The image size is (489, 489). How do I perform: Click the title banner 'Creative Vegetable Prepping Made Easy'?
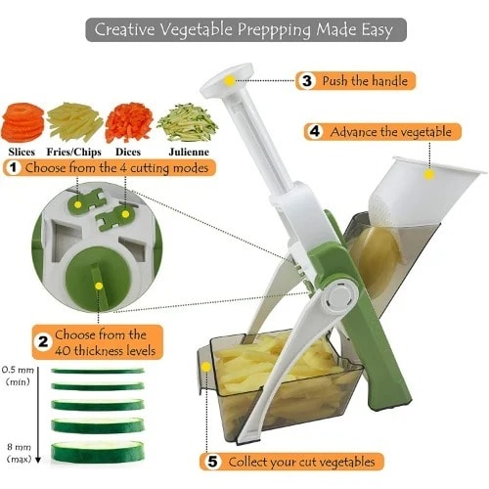245,29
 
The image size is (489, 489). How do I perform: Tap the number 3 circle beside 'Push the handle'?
307,80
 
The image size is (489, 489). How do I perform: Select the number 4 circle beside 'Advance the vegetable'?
315,132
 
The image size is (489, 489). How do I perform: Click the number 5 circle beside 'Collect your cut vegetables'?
212,462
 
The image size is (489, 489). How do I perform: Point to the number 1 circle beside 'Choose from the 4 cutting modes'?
13,168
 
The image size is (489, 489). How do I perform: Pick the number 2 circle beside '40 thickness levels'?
43,342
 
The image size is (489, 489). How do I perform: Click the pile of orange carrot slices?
22,122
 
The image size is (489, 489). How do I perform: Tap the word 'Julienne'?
189,152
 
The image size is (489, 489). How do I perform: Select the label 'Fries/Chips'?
74,152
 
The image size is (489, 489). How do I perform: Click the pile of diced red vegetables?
129,122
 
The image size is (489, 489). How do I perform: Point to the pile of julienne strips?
188,122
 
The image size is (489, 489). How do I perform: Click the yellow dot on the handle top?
230,80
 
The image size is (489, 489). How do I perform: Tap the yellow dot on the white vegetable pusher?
429,174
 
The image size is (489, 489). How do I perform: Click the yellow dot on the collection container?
206,367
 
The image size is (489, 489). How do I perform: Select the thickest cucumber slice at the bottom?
98,451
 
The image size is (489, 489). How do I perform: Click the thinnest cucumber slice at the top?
98,371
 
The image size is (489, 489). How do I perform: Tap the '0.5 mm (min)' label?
18,376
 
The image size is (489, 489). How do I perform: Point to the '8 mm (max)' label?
19,453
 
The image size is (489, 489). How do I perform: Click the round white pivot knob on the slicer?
339,297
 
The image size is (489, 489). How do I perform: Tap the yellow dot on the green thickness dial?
99,286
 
